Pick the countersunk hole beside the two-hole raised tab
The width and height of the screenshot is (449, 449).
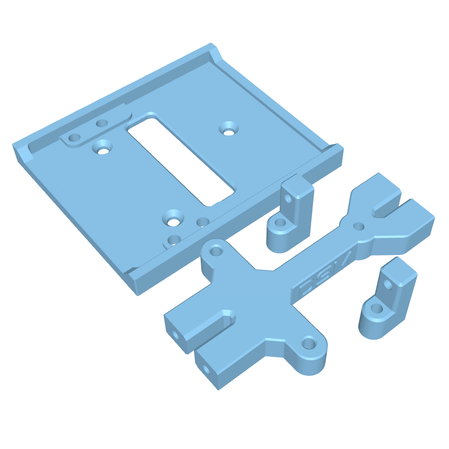click(x=102, y=147)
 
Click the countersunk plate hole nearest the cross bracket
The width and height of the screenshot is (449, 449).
click(x=173, y=219)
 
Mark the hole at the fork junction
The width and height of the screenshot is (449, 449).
click(x=358, y=226)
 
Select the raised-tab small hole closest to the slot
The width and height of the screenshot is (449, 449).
click(x=103, y=123)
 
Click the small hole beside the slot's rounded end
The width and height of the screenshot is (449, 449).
click(x=203, y=222)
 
